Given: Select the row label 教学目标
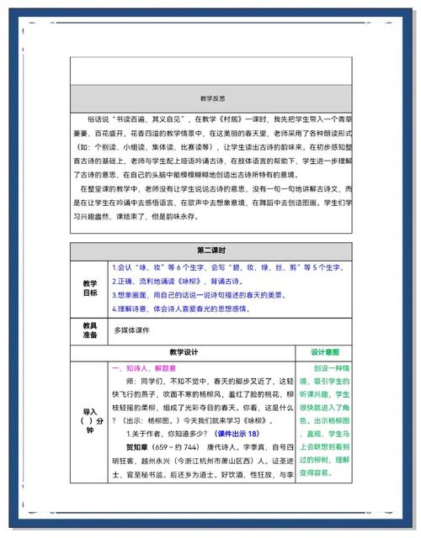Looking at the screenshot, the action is [x=90, y=287].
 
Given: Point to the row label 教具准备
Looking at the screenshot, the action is [x=90, y=330].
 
